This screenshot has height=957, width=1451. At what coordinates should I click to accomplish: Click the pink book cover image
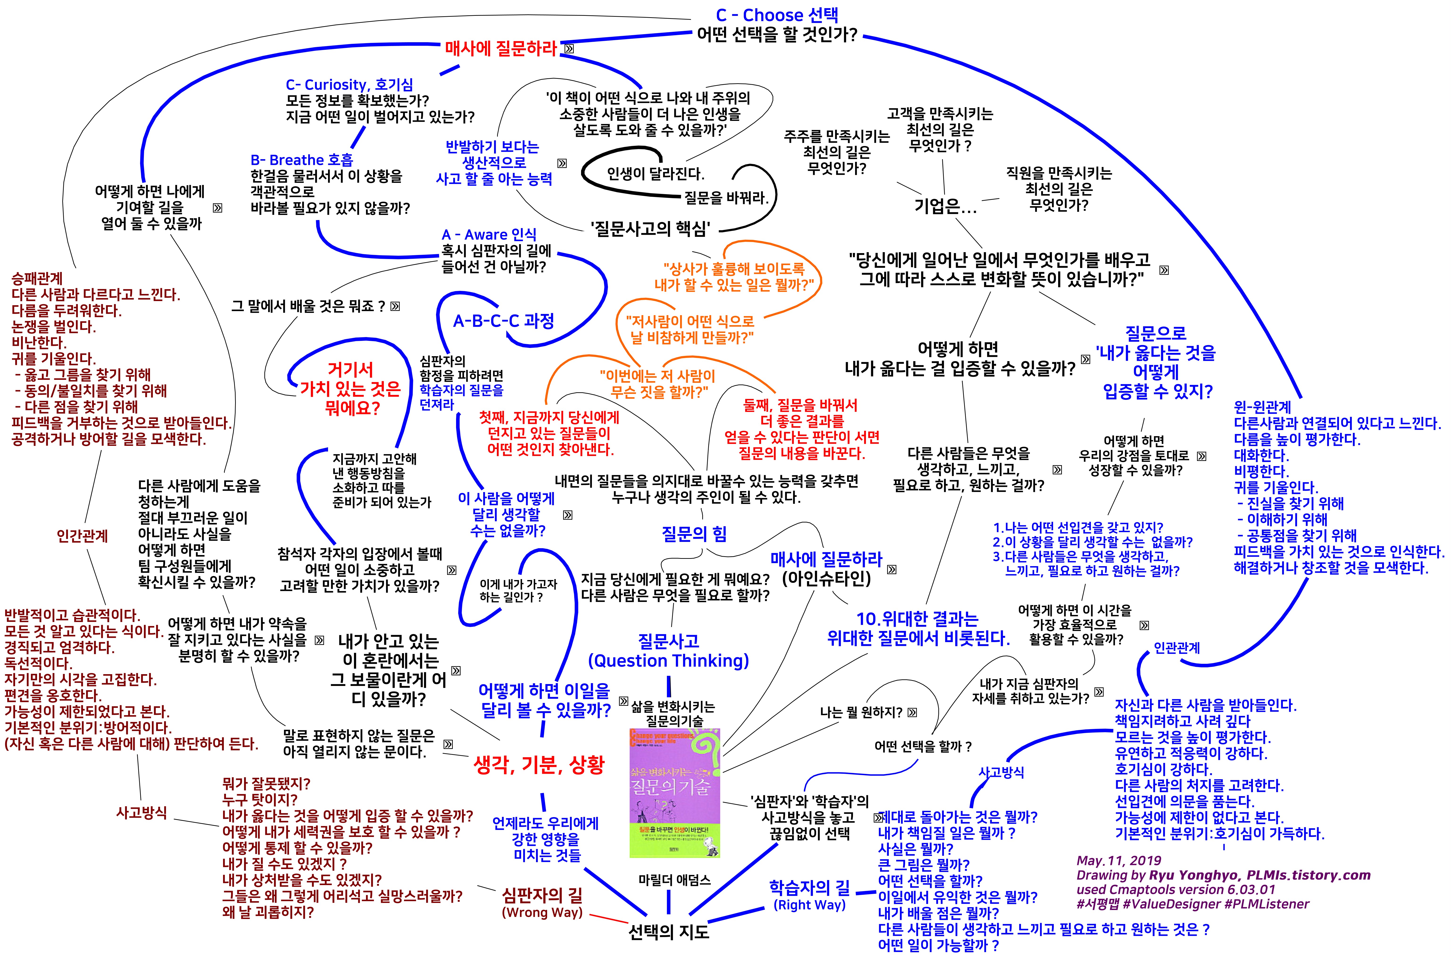coord(674,792)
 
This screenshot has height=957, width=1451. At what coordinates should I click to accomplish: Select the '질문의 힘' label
coord(694,534)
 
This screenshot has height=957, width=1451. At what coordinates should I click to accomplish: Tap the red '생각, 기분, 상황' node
coord(539,764)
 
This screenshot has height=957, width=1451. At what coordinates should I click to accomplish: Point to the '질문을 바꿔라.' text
coord(726,197)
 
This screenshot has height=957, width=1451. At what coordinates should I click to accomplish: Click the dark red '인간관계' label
coord(82,536)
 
